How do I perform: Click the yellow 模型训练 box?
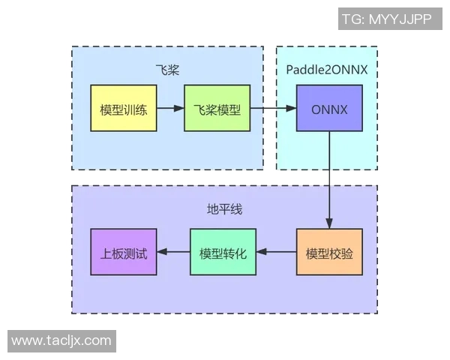123,109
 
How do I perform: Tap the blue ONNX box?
329,109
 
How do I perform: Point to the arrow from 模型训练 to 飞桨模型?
170,109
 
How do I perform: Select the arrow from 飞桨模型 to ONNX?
271,109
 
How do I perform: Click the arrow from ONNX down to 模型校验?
329,180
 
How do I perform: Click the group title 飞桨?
167,70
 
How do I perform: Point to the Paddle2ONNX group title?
327,70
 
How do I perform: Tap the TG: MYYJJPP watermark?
386,19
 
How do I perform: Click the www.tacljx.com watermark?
61,340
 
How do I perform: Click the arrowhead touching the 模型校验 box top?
329,223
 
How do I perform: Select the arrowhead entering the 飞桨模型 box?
179,109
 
